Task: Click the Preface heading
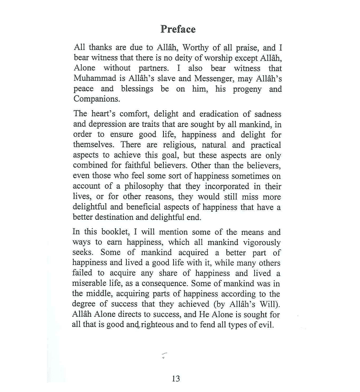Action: tap(178, 29)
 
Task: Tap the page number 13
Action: tap(176, 378)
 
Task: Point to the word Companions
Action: tap(96, 99)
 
